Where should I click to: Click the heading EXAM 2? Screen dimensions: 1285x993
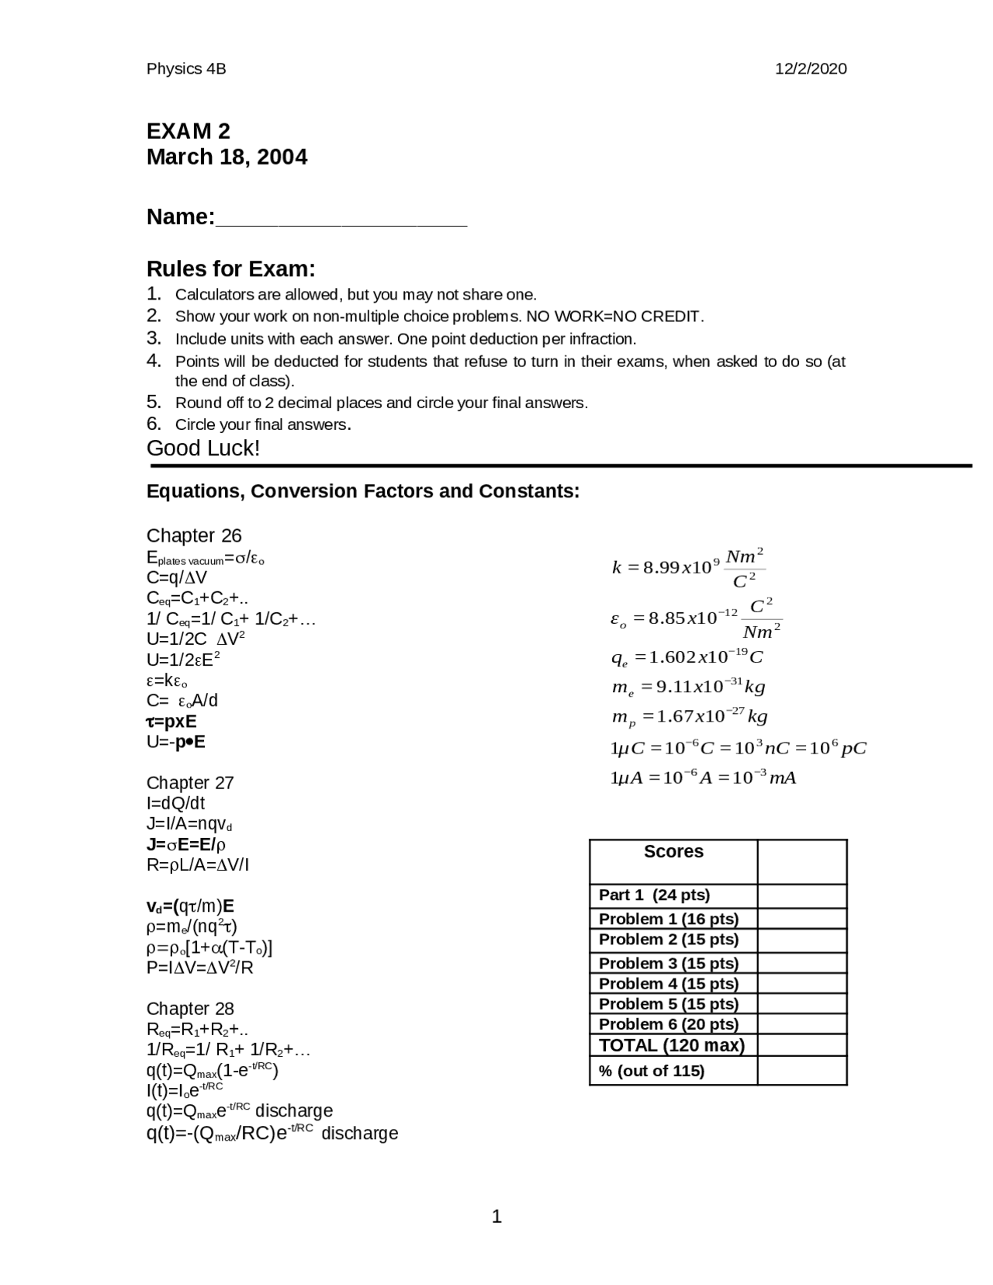coord(189,130)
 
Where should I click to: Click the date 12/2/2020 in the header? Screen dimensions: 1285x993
coord(811,68)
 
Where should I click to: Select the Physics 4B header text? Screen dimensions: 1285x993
coord(186,68)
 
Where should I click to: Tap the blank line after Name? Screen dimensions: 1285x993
coord(341,219)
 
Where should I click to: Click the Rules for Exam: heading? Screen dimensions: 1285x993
coord(231,269)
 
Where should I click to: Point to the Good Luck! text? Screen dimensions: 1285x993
coord(203,448)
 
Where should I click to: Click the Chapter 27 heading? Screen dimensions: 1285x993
coord(190,782)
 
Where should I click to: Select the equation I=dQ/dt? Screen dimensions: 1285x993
coord(176,803)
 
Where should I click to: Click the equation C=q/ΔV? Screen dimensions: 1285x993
coord(177,577)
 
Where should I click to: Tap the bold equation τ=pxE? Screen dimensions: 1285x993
coord(171,721)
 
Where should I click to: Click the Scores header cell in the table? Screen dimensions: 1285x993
coord(673,852)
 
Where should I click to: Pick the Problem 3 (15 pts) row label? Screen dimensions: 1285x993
coord(668,963)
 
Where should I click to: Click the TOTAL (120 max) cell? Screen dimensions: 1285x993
coord(672,1045)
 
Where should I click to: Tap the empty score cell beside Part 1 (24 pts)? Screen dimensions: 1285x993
coord(801,895)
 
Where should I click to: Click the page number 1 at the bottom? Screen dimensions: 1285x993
coord(496,1217)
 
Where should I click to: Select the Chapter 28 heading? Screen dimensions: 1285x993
coord(190,1008)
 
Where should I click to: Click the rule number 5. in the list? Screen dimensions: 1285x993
coord(154,402)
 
